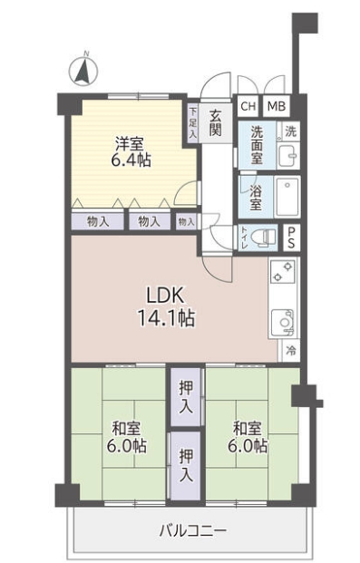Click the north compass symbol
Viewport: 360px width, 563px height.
click(x=83, y=70)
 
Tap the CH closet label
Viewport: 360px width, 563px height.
click(x=248, y=106)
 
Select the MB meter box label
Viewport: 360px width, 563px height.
click(x=277, y=106)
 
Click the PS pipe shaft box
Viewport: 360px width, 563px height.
click(x=291, y=238)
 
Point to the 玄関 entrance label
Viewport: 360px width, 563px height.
click(x=216, y=123)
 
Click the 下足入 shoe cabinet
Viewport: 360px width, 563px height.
click(x=193, y=123)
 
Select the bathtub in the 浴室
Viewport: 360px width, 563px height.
click(x=287, y=197)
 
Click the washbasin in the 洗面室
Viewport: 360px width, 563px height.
click(x=288, y=155)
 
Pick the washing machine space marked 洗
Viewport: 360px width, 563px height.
click(x=290, y=131)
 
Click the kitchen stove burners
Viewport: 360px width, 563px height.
click(x=282, y=271)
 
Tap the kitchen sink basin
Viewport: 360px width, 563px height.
click(x=283, y=323)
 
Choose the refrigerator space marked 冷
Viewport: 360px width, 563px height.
click(x=291, y=351)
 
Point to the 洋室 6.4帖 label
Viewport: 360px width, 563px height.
click(x=131, y=152)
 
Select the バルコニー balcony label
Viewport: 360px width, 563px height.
click(x=193, y=530)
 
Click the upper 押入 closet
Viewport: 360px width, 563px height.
click(x=186, y=397)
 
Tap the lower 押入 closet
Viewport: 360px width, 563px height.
click(x=186, y=466)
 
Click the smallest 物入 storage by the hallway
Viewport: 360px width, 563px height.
click(x=187, y=222)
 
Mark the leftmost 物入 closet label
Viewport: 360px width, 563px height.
click(x=98, y=221)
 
